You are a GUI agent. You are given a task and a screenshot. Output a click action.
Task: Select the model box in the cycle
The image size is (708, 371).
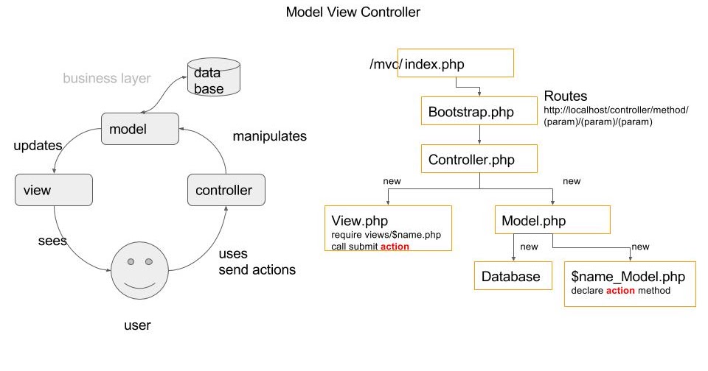click(x=139, y=129)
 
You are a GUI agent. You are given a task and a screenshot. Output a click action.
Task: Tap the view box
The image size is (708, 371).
click(x=53, y=190)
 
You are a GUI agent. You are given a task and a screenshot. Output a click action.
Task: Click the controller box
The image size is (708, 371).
click(x=226, y=191)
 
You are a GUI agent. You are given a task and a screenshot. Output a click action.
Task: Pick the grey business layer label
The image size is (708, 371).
click(x=106, y=78)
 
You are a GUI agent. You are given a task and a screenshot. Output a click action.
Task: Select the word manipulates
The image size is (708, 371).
click(x=269, y=136)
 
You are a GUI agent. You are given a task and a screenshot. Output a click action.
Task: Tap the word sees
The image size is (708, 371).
click(x=52, y=241)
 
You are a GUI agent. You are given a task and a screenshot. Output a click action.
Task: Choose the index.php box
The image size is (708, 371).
click(x=457, y=63)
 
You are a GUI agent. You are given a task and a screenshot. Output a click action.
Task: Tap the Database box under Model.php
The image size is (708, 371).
click(x=511, y=277)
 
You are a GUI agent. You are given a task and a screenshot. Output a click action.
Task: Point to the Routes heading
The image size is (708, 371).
click(x=566, y=96)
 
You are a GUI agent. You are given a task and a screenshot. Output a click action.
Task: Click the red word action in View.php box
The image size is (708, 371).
click(x=395, y=247)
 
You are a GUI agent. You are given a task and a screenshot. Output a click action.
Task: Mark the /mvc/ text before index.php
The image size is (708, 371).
click(x=385, y=64)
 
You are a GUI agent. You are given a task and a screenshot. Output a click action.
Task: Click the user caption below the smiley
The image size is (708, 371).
click(x=137, y=324)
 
